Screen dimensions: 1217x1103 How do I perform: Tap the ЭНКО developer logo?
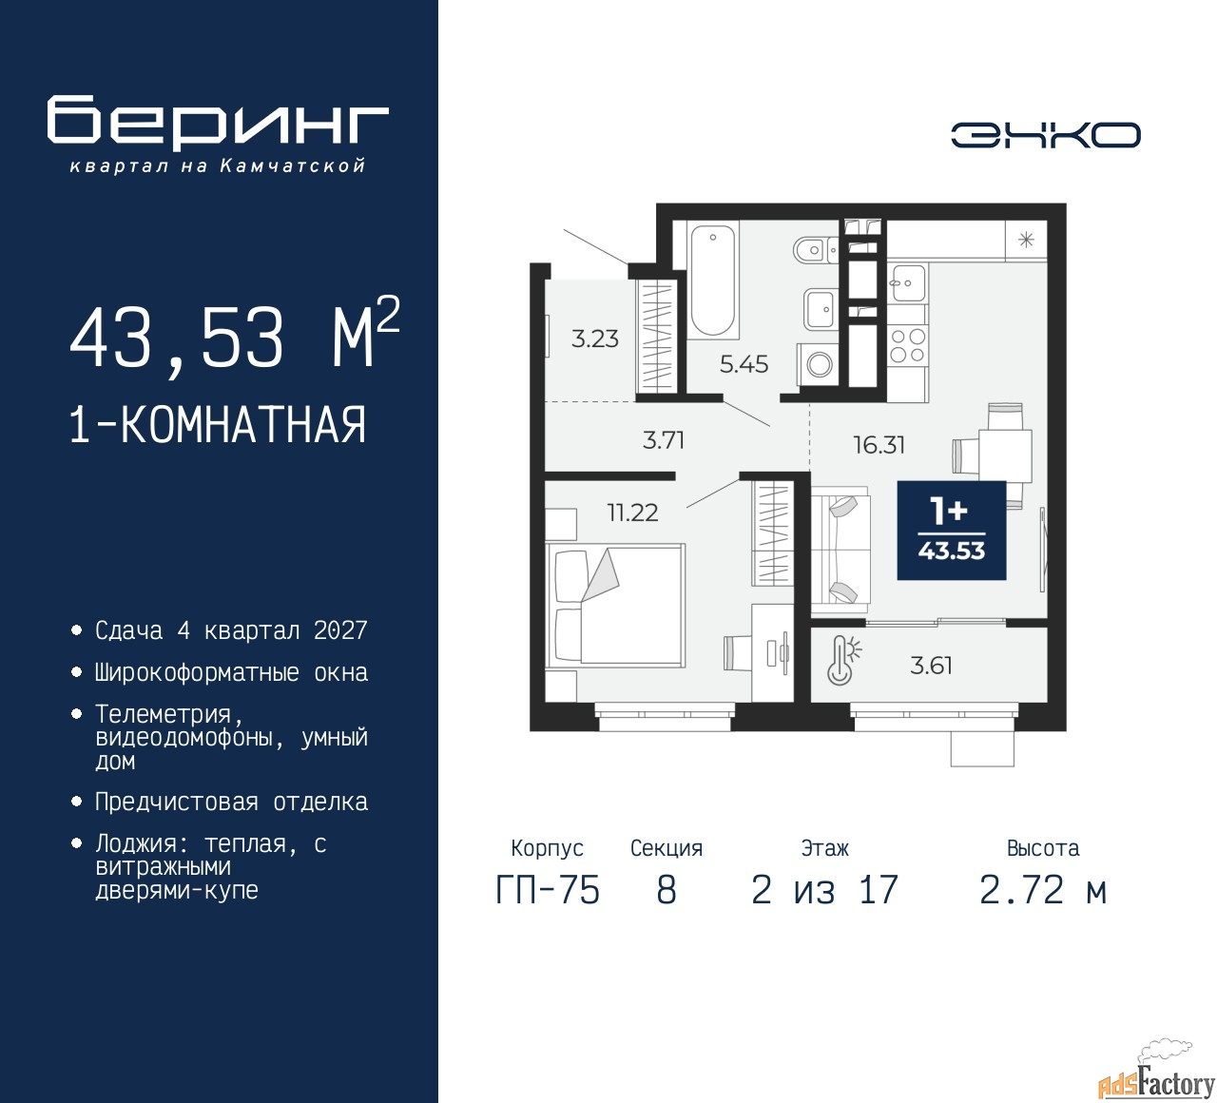point(1045,135)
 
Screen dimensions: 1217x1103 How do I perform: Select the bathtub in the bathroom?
point(713,280)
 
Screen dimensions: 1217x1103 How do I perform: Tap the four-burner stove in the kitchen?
point(908,345)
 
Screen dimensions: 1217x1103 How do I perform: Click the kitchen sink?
point(908,282)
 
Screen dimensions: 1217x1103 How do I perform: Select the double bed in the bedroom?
point(615,605)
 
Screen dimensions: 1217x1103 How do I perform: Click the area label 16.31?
point(879,445)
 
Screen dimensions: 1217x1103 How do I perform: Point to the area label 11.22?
point(633,513)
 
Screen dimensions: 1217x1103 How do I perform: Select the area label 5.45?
point(744,364)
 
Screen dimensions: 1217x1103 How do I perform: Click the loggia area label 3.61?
point(931,667)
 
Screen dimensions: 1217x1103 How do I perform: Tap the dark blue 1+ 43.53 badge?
point(952,531)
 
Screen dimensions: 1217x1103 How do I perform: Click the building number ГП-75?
point(548,890)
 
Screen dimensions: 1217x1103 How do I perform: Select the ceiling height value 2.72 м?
point(1043,890)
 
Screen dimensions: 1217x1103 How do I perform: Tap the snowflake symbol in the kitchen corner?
point(1026,241)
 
